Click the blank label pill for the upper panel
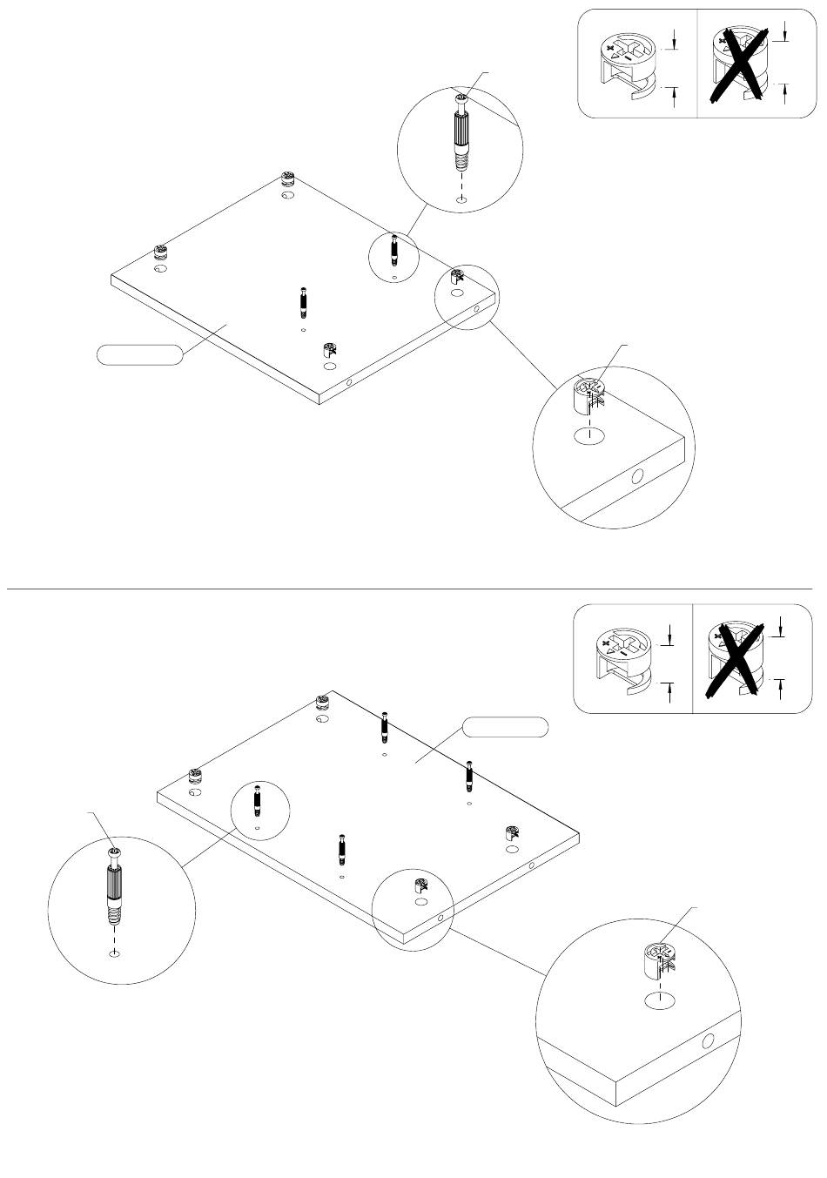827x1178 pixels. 139,354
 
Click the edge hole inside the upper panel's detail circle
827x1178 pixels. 637,476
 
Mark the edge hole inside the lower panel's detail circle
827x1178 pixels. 708,1040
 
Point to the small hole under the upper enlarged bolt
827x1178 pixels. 461,200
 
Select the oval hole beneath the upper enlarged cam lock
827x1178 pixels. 589,436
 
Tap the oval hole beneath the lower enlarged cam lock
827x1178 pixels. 661,1001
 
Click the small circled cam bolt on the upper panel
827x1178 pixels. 394,252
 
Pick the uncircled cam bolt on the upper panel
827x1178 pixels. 303,304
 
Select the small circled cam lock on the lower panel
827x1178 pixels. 419,887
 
